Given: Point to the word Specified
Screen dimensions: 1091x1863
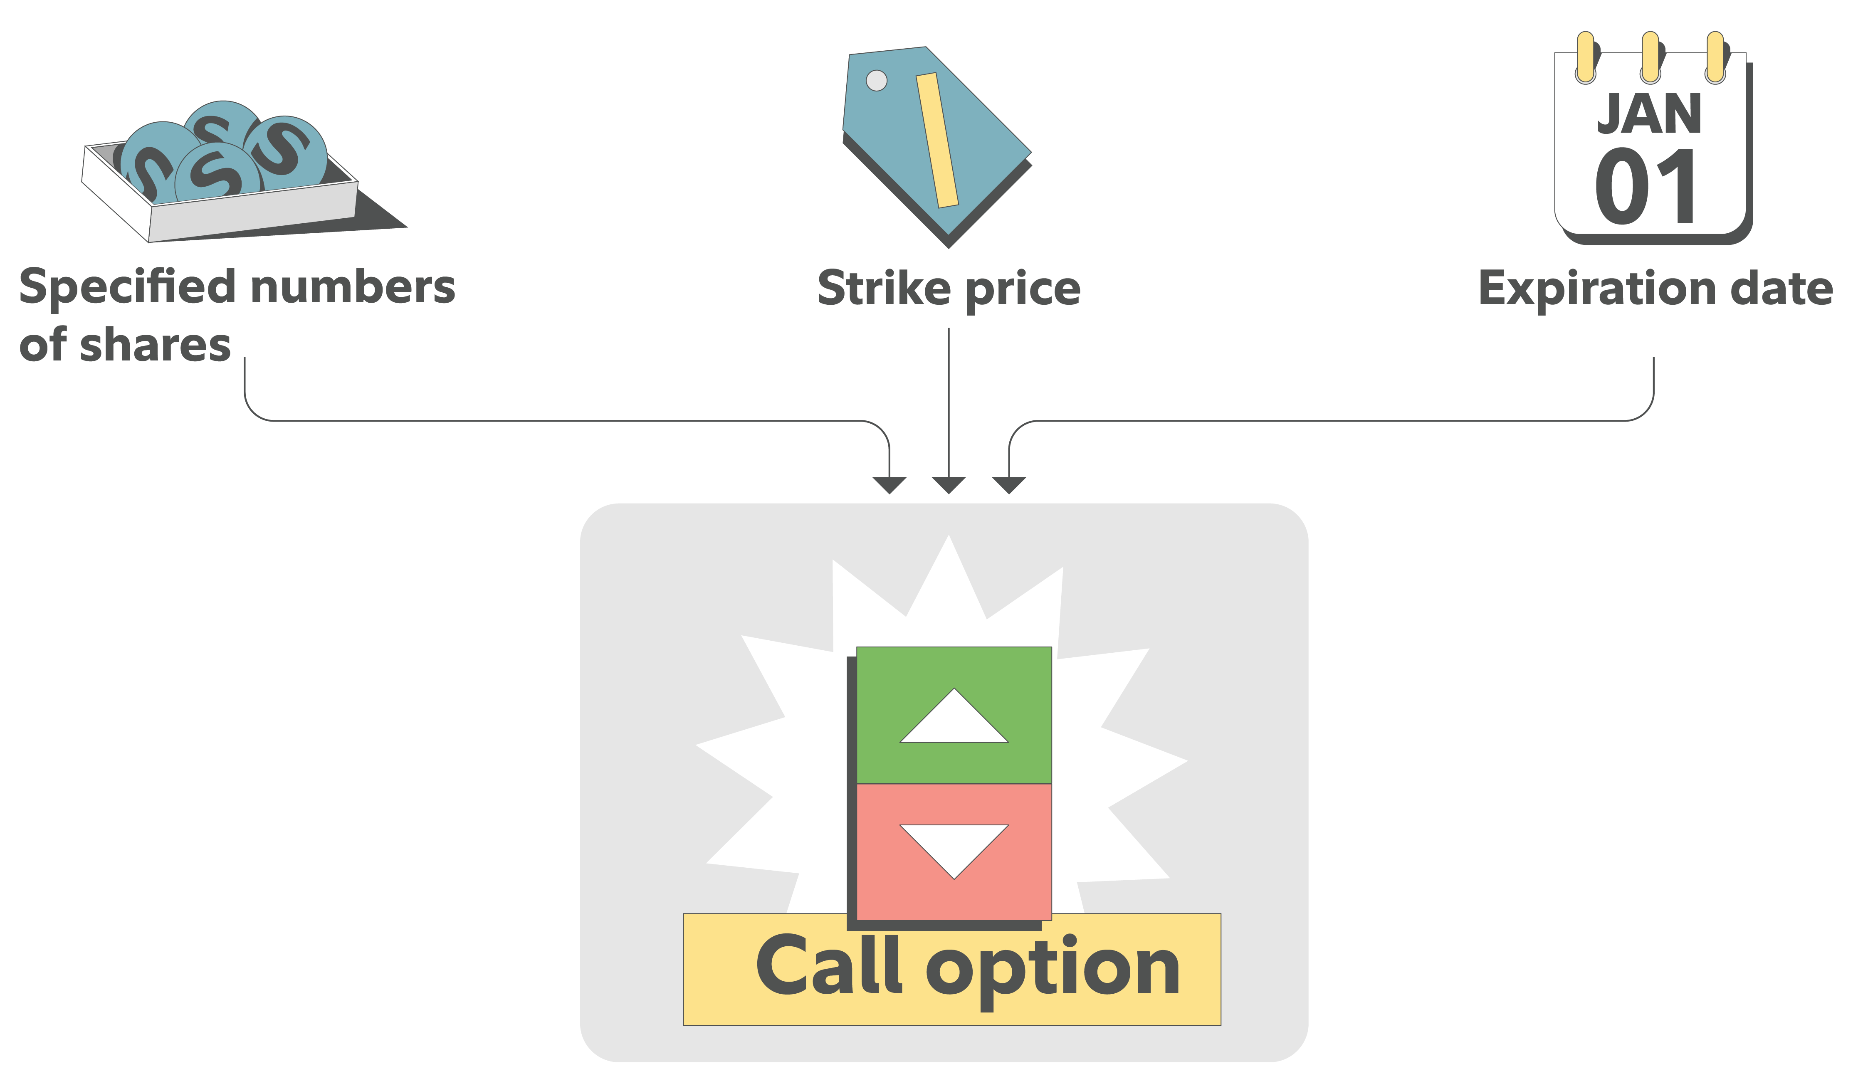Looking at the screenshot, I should pyautogui.click(x=128, y=288).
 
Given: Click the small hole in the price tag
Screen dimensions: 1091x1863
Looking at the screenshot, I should pyautogui.click(x=876, y=81).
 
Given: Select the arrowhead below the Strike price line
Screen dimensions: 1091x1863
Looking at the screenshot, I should pyautogui.click(x=949, y=485).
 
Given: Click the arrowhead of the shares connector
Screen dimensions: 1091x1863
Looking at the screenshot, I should pyautogui.click(x=889, y=485).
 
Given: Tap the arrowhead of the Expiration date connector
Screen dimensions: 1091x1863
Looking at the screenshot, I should pyautogui.click(x=1008, y=485).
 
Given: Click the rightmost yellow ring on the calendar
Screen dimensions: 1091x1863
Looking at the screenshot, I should pyautogui.click(x=1715, y=57).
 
